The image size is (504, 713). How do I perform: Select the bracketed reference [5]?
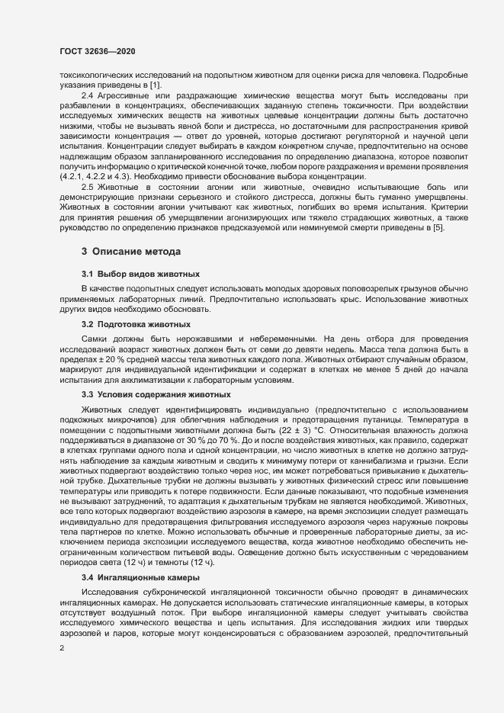[439, 226]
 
